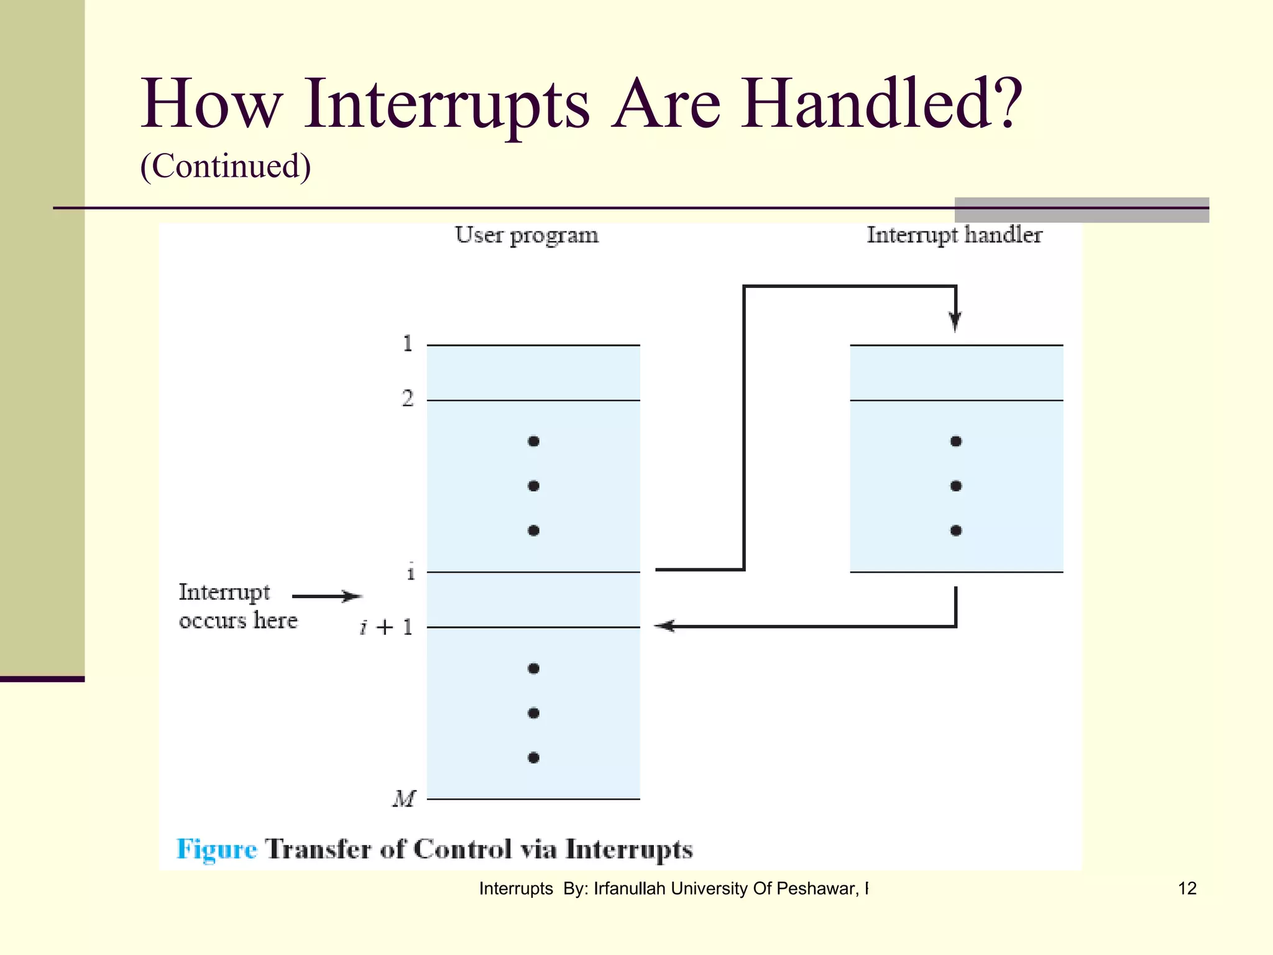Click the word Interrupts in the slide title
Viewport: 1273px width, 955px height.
(446, 104)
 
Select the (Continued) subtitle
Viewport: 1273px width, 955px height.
(225, 166)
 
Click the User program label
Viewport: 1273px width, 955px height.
(526, 235)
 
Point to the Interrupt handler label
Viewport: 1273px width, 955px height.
(954, 235)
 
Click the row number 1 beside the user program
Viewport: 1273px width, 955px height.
(408, 343)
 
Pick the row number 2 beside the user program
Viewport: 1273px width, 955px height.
(408, 398)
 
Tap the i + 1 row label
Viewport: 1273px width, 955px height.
(386, 627)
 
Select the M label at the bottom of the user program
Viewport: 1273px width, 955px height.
(403, 798)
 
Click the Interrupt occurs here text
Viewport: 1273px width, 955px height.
(237, 606)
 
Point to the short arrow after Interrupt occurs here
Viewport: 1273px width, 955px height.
(326, 596)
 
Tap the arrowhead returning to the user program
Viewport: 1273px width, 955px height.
(664, 626)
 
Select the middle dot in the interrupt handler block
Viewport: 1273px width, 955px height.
(956, 486)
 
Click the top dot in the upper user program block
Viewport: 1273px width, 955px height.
(533, 441)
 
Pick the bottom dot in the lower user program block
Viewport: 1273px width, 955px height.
(533, 757)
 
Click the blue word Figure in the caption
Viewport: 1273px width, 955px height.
(216, 849)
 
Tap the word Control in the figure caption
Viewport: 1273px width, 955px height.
(462, 849)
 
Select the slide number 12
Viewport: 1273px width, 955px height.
(1187, 888)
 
